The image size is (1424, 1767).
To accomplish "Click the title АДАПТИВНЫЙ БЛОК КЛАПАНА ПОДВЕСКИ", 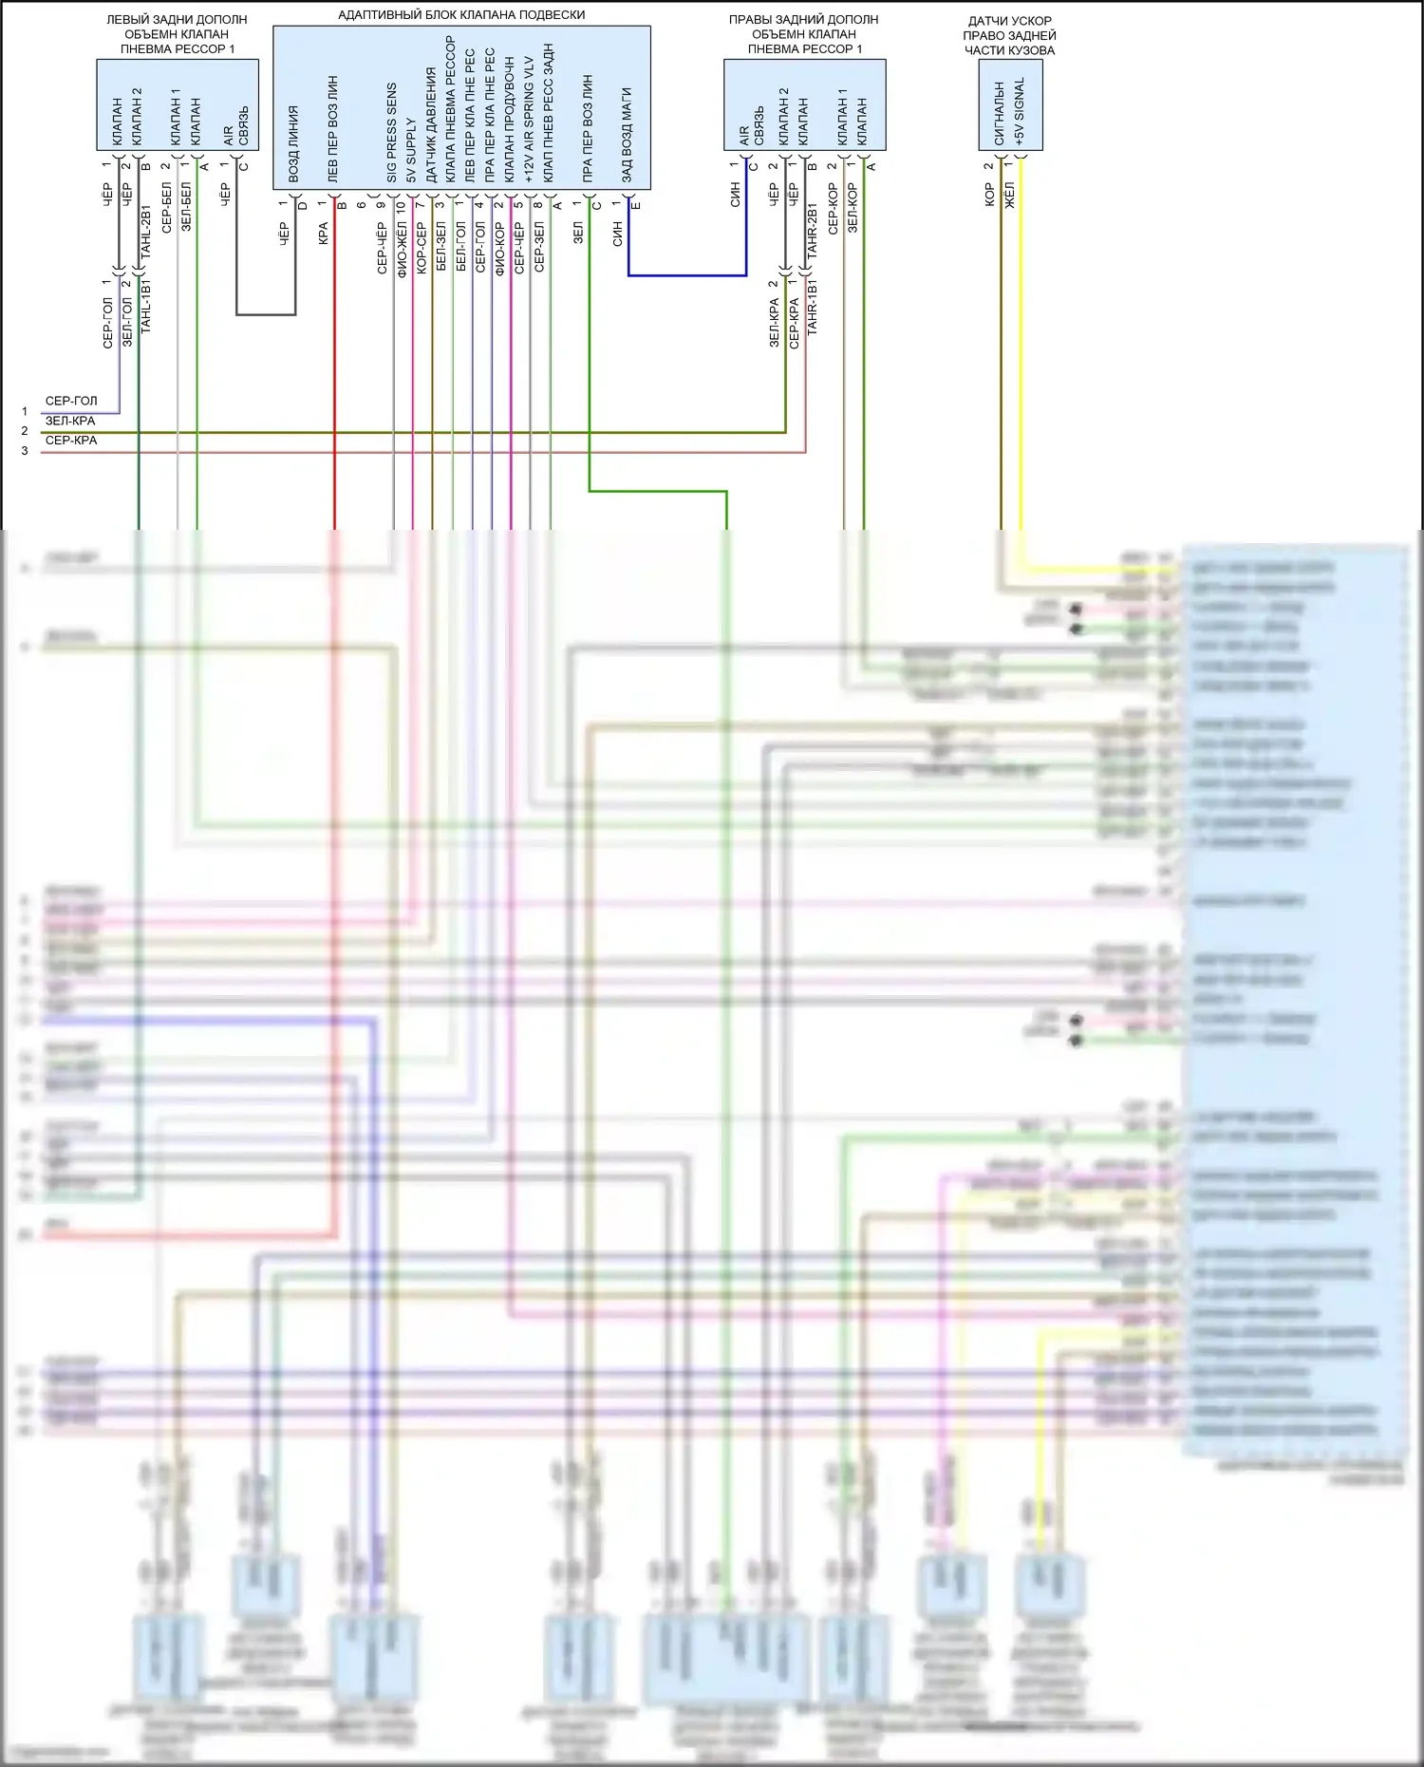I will pos(461,15).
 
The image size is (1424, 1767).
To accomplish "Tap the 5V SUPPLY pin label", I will pos(411,150).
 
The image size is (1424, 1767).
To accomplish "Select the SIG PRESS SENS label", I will pos(391,133).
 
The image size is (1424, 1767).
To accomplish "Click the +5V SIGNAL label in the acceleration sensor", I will pos(1020,112).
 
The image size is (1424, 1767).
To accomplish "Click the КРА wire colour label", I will pos(323,235).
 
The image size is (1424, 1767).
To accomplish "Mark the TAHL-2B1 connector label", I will pos(146,232).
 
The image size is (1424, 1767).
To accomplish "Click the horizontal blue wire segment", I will pos(687,275).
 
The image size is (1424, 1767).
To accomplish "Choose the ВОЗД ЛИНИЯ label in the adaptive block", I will pos(293,144).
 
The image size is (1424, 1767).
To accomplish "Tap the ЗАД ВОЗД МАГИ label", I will pos(627,135).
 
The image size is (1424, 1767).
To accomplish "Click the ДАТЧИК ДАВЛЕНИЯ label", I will pos(430,124).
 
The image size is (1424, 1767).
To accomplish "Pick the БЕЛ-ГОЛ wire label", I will pos(460,248).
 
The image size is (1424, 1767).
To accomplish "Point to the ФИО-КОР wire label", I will pos(499,249).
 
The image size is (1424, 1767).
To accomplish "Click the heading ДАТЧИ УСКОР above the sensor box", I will pos(1010,21).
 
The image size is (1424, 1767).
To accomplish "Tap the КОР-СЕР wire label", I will pos(422,249).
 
